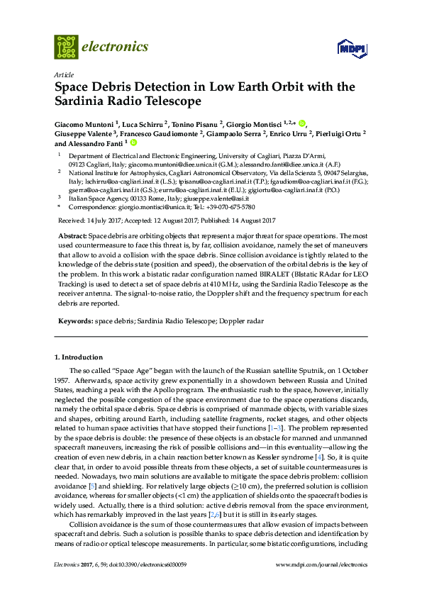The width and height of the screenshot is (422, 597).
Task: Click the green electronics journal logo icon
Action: pyautogui.click(x=66, y=47)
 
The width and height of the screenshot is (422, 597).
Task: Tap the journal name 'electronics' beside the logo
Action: pyautogui.click(x=116, y=48)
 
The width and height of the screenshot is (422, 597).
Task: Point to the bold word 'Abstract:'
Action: pyautogui.click(x=72, y=235)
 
